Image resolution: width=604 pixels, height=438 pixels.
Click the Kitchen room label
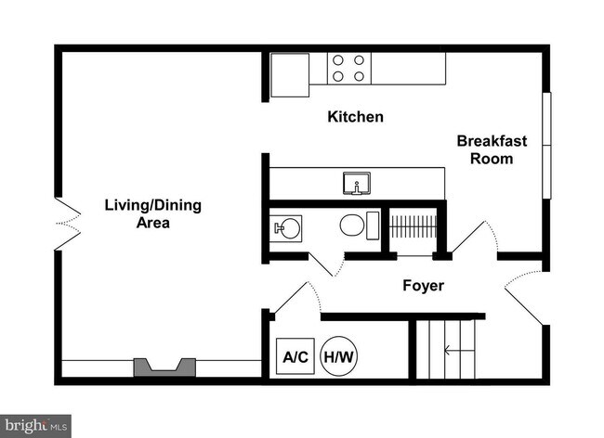tap(355, 117)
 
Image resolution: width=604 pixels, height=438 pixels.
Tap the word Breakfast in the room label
tap(492, 141)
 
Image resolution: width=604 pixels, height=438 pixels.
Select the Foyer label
tap(423, 285)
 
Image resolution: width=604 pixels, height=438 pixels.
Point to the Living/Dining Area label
tap(153, 213)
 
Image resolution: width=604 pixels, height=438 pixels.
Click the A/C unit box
tap(295, 356)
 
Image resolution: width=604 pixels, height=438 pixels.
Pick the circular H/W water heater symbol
tap(339, 356)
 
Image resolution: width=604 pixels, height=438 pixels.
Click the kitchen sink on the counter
tap(357, 183)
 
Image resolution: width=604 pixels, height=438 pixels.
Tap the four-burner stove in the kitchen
tap(349, 69)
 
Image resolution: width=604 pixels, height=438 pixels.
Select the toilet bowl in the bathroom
tap(352, 225)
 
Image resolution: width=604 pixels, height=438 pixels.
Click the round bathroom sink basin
tap(289, 228)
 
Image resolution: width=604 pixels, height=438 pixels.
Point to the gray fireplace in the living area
tap(164, 367)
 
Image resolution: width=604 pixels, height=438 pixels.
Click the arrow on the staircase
tap(459, 351)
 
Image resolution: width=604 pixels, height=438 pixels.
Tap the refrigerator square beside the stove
tap(290, 75)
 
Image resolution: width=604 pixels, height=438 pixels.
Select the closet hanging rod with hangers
tap(413, 226)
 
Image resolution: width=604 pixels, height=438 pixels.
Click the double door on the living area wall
tap(68, 224)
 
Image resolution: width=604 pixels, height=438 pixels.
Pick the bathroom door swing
tap(327, 264)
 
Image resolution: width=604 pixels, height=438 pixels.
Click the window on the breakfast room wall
tap(546, 146)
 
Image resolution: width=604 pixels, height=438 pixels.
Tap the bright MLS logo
tap(35, 426)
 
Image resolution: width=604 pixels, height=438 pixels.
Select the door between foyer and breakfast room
tap(475, 237)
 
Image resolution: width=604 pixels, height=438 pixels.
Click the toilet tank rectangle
tap(373, 225)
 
